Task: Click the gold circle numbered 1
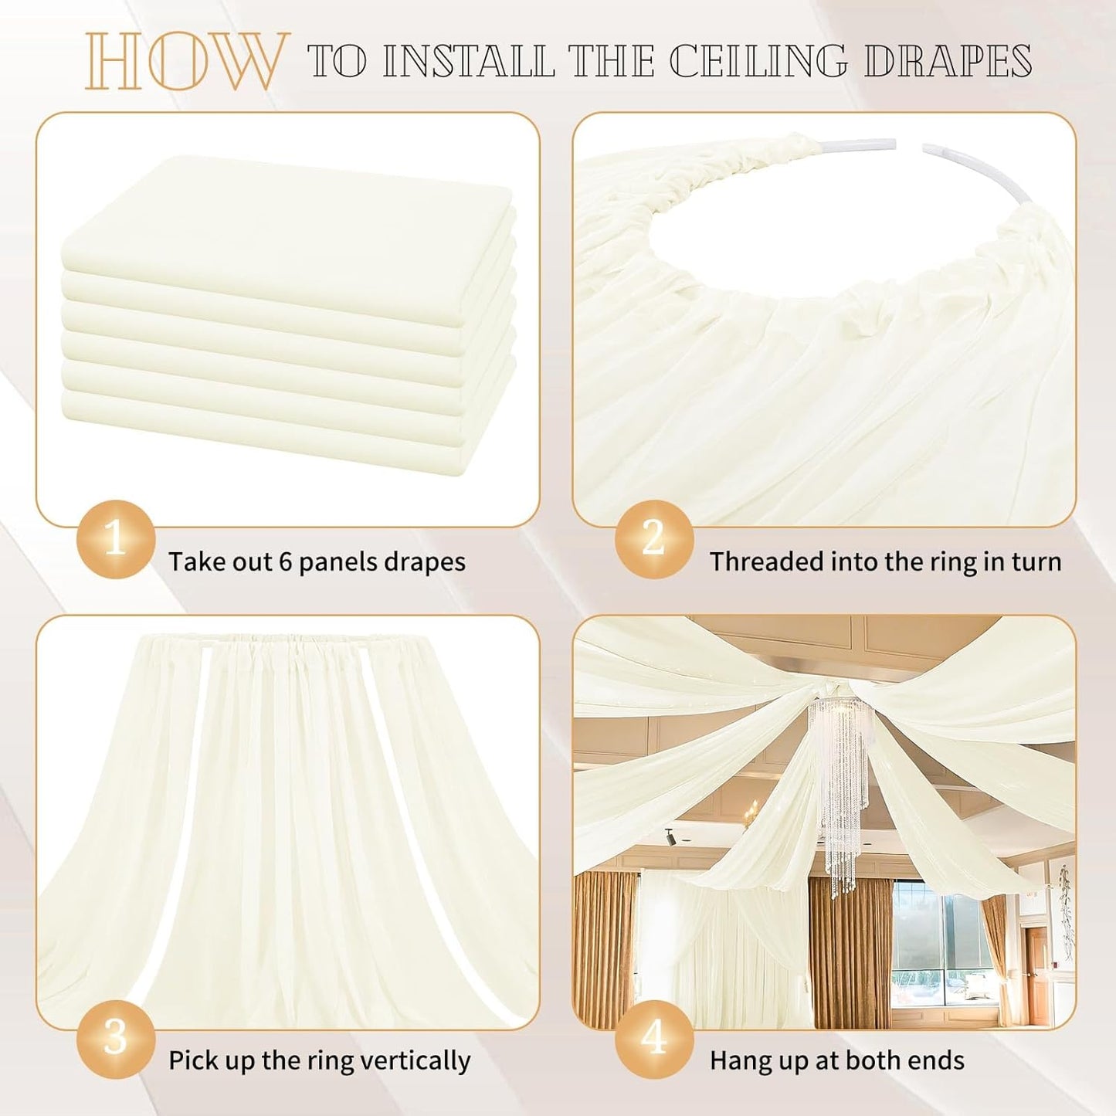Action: (x=116, y=538)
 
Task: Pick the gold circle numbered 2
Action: (x=653, y=538)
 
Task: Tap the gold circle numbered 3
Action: (x=116, y=1038)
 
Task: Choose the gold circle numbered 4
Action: (x=653, y=1038)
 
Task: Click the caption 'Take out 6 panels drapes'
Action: (x=317, y=561)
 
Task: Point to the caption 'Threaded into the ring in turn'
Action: (x=885, y=561)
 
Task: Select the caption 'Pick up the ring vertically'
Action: (x=319, y=1060)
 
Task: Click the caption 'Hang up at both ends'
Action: (x=836, y=1060)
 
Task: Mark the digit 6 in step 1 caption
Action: (x=285, y=561)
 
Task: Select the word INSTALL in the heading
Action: (x=468, y=61)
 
